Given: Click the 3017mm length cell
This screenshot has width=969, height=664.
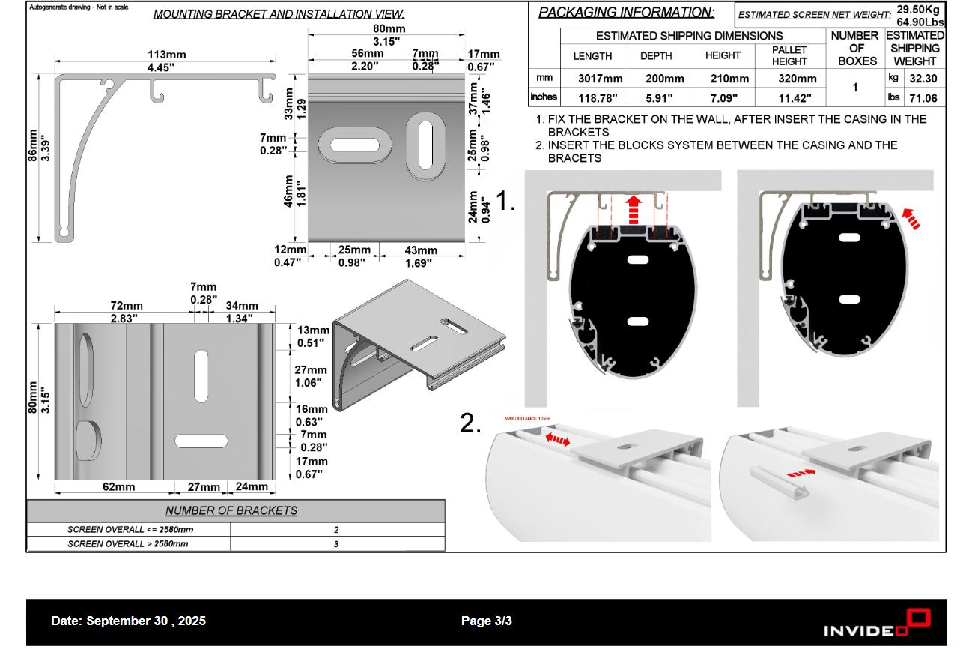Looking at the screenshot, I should coord(600,79).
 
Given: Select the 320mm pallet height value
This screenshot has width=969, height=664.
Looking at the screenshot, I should coord(790,79).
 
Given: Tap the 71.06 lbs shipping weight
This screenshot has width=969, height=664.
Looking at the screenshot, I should coord(923,97).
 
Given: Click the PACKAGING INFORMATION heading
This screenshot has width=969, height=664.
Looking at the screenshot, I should coord(626,13).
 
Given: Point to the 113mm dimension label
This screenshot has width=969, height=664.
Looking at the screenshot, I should coord(167,55).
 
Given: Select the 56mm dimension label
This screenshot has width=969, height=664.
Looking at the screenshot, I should coord(367,54).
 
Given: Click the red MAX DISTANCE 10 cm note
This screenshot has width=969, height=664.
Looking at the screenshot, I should coord(527,419).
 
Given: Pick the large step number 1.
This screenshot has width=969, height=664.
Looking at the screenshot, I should coord(506,200).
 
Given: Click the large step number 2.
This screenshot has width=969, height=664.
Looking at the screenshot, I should coord(470,423).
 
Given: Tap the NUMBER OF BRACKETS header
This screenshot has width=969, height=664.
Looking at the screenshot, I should coord(231,511).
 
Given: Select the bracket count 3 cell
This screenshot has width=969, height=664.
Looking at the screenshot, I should coord(336,543).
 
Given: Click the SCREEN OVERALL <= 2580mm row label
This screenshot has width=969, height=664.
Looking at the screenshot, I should coord(128,529).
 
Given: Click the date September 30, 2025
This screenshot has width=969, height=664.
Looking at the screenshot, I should coord(128,621).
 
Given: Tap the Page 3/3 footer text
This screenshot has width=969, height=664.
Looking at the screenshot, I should coord(487,621).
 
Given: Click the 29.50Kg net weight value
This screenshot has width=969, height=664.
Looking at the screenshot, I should coord(918,10).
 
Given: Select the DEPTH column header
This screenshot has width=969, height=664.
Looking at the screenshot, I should coord(656,56).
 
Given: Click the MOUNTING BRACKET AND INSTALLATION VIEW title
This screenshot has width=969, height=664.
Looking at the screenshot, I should coord(279,14).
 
